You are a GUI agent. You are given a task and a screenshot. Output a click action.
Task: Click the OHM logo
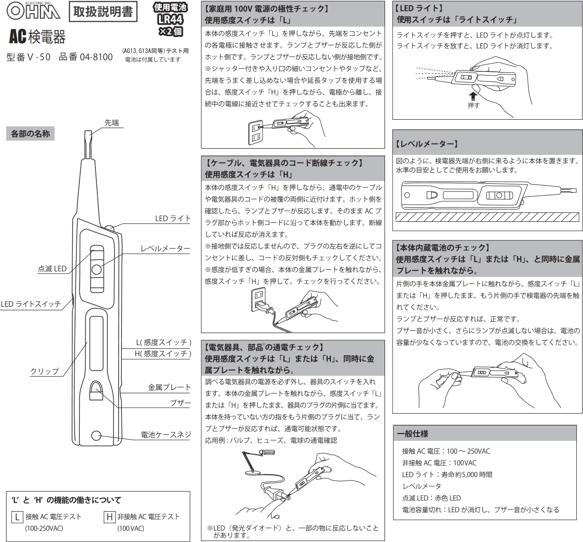coord(33,11)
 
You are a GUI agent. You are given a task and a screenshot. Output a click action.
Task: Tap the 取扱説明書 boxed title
coord(103,12)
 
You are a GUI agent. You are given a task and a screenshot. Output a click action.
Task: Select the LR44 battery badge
coord(170,19)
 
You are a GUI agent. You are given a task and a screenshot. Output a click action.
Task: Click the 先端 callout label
coord(112,123)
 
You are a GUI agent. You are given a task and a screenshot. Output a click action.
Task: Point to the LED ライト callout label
coord(173,219)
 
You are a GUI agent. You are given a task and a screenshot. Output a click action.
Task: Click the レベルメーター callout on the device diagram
coord(165,248)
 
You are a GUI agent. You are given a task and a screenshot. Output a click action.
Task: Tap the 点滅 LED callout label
coord(52,268)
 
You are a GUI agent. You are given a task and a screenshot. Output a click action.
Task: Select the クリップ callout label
coord(45,371)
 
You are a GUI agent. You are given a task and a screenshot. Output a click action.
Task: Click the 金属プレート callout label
coord(169,387)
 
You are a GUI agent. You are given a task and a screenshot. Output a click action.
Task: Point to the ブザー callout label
coord(180,403)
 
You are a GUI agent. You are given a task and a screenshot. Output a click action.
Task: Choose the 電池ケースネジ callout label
coord(166,434)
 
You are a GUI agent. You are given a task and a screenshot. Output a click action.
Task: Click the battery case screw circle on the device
coord(96,435)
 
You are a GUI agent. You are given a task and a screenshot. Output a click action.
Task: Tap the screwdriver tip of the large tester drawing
coord(88,143)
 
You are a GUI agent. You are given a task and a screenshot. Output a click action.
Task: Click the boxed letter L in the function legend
coord(17,517)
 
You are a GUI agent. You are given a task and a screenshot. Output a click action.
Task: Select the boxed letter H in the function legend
coord(110,517)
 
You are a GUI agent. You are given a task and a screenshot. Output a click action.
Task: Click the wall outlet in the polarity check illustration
coord(255,133)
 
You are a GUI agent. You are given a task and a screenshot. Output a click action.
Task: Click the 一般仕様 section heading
coord(413,433)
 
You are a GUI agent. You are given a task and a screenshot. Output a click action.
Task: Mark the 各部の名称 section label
coord(30,133)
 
